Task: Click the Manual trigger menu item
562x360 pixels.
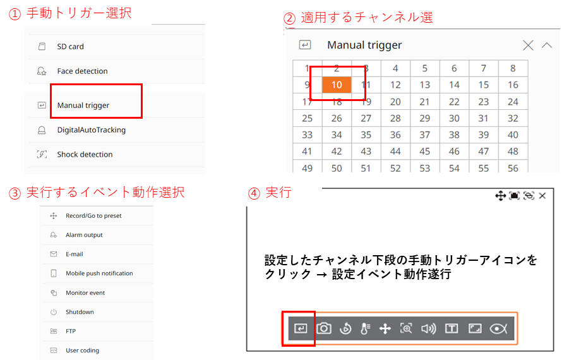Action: [83, 105]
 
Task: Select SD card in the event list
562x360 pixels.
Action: [70, 47]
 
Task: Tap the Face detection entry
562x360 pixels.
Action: [82, 71]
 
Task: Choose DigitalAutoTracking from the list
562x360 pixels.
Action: [91, 130]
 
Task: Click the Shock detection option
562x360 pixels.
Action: [85, 155]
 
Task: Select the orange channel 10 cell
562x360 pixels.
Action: [337, 85]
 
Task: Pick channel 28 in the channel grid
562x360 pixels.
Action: [395, 118]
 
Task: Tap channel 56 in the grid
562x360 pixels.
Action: [513, 168]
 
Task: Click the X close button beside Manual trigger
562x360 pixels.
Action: [528, 45]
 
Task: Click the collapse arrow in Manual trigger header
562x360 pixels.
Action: [547, 45]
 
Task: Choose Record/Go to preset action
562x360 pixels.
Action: [93, 216]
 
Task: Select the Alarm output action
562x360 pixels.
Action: [84, 235]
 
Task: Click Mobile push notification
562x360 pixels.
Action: [99, 273]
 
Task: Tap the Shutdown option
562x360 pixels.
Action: [80, 312]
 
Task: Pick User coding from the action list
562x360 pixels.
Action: [82, 351]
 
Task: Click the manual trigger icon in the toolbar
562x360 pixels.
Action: [301, 328]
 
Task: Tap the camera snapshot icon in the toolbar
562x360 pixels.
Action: [324, 328]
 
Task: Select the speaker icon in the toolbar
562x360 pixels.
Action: [429, 328]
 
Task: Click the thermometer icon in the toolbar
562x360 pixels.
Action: [365, 328]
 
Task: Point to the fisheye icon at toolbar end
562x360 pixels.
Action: [499, 328]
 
